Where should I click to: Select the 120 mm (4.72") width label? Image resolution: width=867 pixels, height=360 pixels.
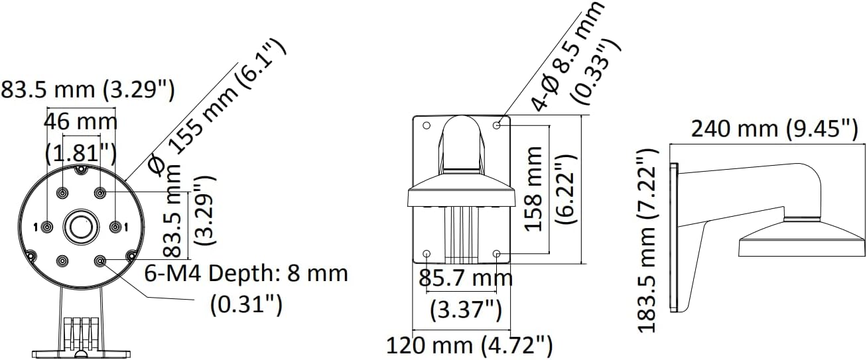[x=470, y=345]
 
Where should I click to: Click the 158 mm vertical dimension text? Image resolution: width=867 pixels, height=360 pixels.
[x=534, y=189]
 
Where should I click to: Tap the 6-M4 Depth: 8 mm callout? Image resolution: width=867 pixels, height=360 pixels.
[x=246, y=273]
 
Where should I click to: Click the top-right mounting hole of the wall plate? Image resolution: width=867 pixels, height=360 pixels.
[x=498, y=125]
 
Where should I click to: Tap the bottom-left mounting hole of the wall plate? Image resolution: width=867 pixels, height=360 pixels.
[x=427, y=253]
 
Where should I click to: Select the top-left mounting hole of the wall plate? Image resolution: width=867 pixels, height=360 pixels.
[x=427, y=125]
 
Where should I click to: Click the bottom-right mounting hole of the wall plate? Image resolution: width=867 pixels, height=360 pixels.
[x=498, y=253]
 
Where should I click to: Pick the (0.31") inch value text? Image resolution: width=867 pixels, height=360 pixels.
[x=246, y=304]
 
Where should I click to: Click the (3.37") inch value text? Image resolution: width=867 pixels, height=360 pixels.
[x=466, y=309]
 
